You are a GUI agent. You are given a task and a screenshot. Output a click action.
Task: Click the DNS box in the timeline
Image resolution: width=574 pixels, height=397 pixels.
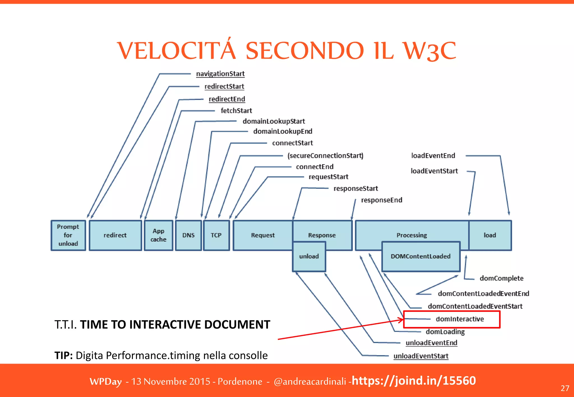pos(188,235)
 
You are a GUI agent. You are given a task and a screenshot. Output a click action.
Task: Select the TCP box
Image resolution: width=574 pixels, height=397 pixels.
pos(216,235)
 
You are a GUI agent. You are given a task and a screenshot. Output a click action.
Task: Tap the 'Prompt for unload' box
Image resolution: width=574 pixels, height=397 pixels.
pos(68,235)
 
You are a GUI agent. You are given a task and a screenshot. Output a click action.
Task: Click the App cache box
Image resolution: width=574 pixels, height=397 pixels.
pos(158,235)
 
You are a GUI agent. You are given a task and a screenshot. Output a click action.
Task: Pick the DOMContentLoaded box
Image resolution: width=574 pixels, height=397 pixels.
pos(420,256)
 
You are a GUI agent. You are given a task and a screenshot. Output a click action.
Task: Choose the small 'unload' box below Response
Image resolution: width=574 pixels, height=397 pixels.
pos(309,256)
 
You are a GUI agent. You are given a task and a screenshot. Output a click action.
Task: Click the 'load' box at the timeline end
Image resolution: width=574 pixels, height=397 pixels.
pos(490,235)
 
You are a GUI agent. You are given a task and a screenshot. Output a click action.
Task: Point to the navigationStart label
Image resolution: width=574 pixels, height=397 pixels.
pos(220,74)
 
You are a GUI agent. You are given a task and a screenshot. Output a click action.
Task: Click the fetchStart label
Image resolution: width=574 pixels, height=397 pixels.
pos(236,111)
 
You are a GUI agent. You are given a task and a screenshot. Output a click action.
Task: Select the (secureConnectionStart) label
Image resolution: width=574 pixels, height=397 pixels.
pos(325,156)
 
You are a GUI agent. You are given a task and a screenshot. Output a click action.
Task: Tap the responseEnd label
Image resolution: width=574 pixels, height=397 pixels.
pos(381,200)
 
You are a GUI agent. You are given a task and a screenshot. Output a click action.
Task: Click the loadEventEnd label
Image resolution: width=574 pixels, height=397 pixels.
pos(433,156)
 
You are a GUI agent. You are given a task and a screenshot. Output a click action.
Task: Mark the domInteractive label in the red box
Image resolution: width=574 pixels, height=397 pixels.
pos(460,319)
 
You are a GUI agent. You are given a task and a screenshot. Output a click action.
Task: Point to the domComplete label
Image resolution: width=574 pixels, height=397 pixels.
pos(501,278)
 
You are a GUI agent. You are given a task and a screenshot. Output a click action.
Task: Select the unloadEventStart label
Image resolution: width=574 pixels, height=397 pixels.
pos(421,356)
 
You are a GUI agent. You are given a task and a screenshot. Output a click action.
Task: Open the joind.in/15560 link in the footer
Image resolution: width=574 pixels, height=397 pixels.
pos(414,381)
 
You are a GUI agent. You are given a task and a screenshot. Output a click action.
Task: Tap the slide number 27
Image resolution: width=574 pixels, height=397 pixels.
pos(565,388)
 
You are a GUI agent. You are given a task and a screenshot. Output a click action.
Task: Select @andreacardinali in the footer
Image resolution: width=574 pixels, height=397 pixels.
pos(310,382)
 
